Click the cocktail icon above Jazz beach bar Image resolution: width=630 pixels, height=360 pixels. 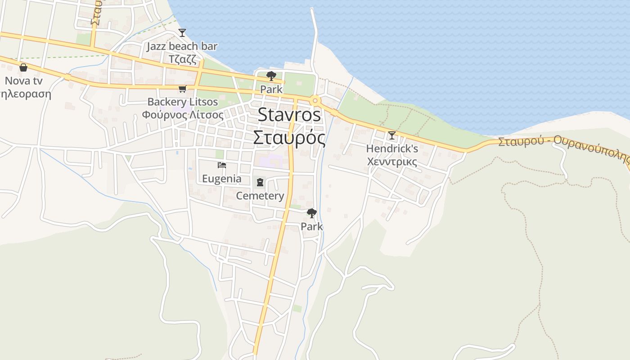pos(182,32)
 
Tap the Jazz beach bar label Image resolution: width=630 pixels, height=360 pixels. pos(182,46)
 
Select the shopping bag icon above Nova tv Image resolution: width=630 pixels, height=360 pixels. pos(23,67)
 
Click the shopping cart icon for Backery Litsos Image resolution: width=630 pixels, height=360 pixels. pos(182,89)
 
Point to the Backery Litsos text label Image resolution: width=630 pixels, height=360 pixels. pos(183,102)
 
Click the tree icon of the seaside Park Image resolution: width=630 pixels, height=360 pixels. pos(271,76)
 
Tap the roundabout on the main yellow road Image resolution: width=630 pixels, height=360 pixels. pos(315,100)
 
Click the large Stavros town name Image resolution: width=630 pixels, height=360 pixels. pos(289,115)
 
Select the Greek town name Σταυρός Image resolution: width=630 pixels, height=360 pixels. pos(289,137)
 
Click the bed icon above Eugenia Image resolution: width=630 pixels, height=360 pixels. pos(221,165)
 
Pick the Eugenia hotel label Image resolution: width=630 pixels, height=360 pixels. pos(221,179)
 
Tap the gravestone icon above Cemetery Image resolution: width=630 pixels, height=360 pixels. pos(260,182)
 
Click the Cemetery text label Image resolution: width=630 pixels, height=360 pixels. pos(260,196)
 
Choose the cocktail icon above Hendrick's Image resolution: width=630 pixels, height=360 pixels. pos(392,135)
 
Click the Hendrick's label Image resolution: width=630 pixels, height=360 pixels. pos(392,148)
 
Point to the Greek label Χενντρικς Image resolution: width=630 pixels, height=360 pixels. pos(392,161)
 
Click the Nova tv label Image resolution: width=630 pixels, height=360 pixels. pos(23,81)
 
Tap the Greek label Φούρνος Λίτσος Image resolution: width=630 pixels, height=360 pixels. pos(183,114)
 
